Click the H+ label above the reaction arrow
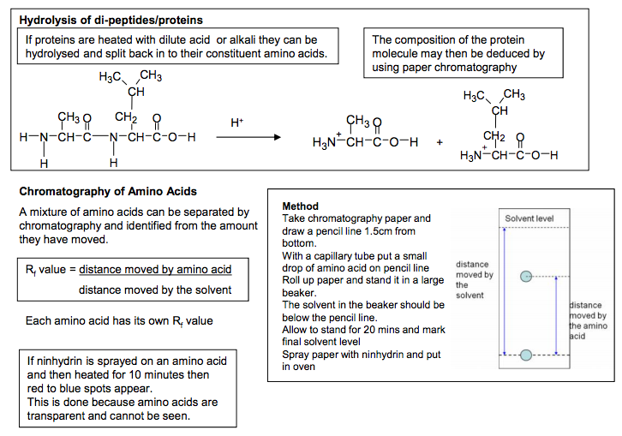[x=237, y=123]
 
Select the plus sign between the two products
[x=440, y=143]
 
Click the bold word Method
[x=300, y=206]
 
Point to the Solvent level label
[x=529, y=219]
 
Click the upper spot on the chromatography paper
[x=527, y=276]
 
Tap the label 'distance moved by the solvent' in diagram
[x=475, y=279]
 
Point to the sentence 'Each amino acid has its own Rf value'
[x=120, y=321]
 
